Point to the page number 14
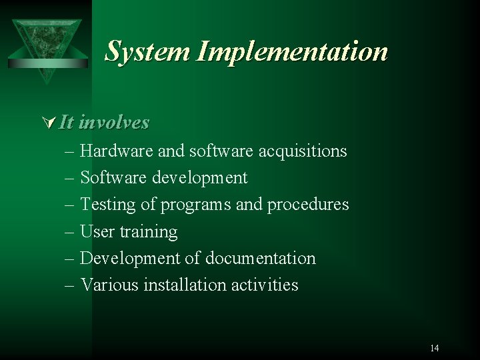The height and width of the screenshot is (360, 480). [435, 347]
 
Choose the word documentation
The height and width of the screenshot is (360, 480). [261, 258]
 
